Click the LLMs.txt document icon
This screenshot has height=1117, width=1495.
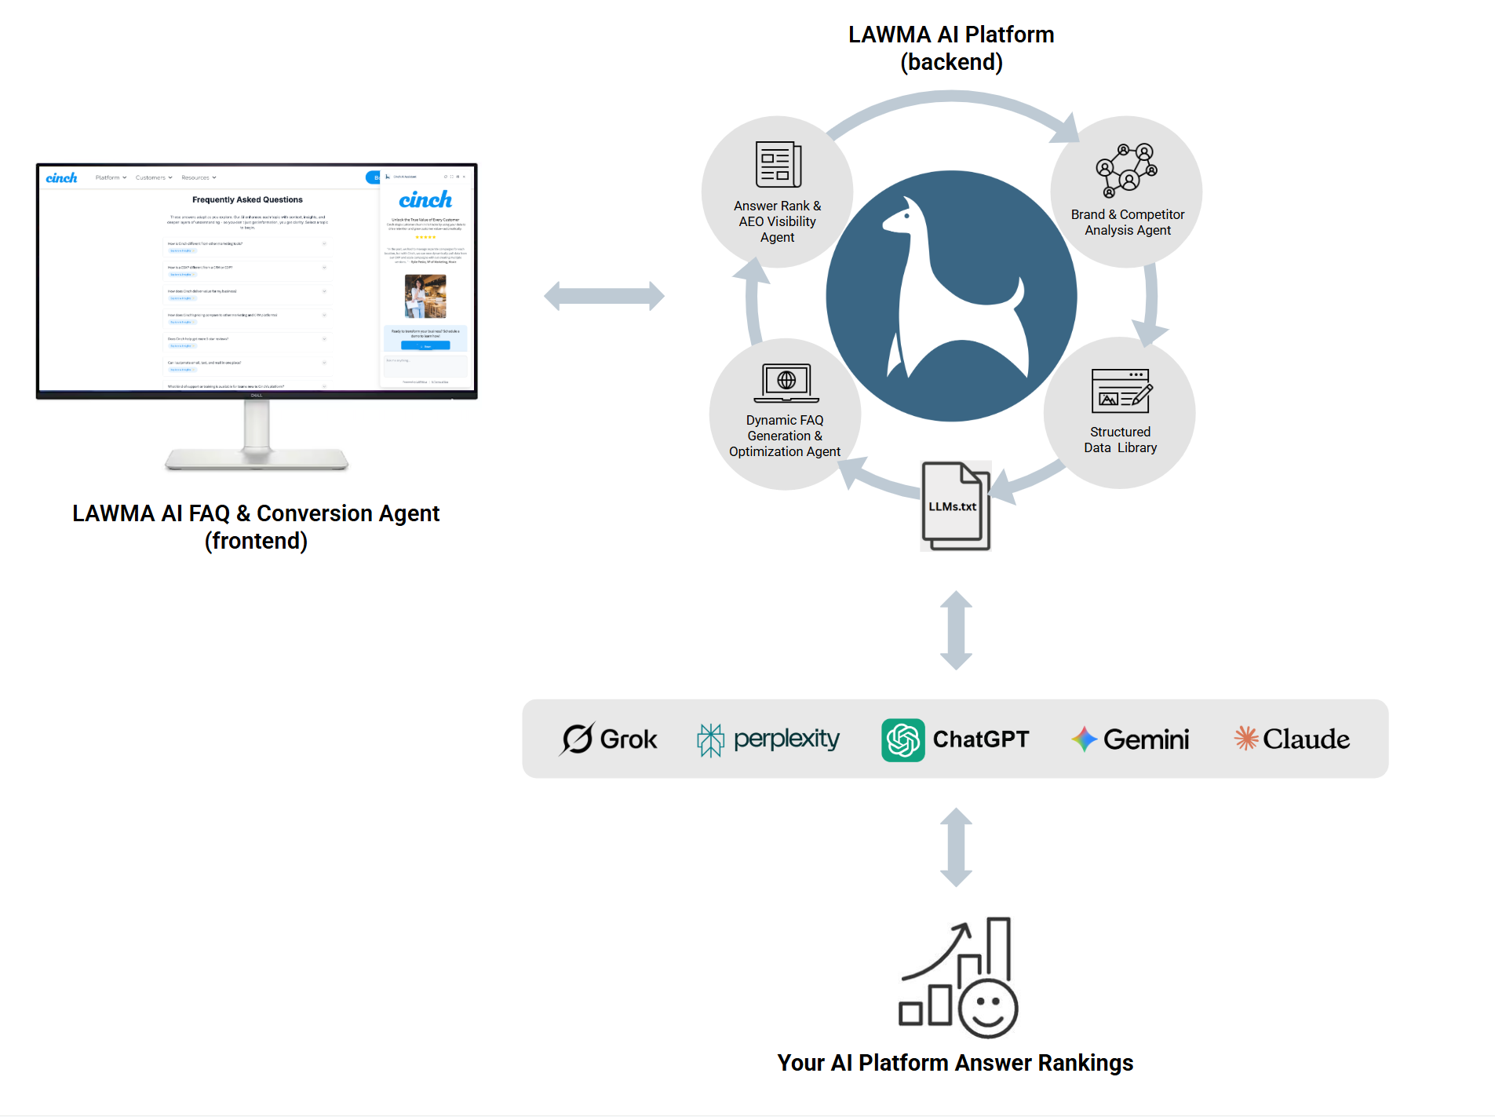click(955, 506)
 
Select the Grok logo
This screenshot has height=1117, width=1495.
click(609, 739)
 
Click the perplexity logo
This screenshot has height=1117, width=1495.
click(768, 739)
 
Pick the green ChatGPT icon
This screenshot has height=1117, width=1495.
click(902, 739)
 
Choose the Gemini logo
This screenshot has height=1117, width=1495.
click(1130, 739)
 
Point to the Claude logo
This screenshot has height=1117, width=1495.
click(1292, 739)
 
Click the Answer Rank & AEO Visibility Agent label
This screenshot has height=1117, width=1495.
click(777, 221)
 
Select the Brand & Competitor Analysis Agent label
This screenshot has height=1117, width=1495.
click(1127, 222)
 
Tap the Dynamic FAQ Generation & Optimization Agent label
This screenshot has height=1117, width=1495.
click(784, 436)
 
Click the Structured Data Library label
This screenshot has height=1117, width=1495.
click(1120, 440)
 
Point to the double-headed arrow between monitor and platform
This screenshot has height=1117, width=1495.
click(603, 296)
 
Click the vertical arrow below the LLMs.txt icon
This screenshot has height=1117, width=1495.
click(956, 630)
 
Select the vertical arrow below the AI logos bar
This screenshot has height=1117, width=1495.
click(956, 847)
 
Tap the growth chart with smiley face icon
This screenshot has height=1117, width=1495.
click(958, 977)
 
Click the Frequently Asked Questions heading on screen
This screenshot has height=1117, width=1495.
click(247, 199)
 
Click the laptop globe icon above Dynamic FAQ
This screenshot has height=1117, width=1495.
click(786, 383)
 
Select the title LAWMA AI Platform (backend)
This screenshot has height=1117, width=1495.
click(950, 48)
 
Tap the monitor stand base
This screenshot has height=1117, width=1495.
click(257, 458)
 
